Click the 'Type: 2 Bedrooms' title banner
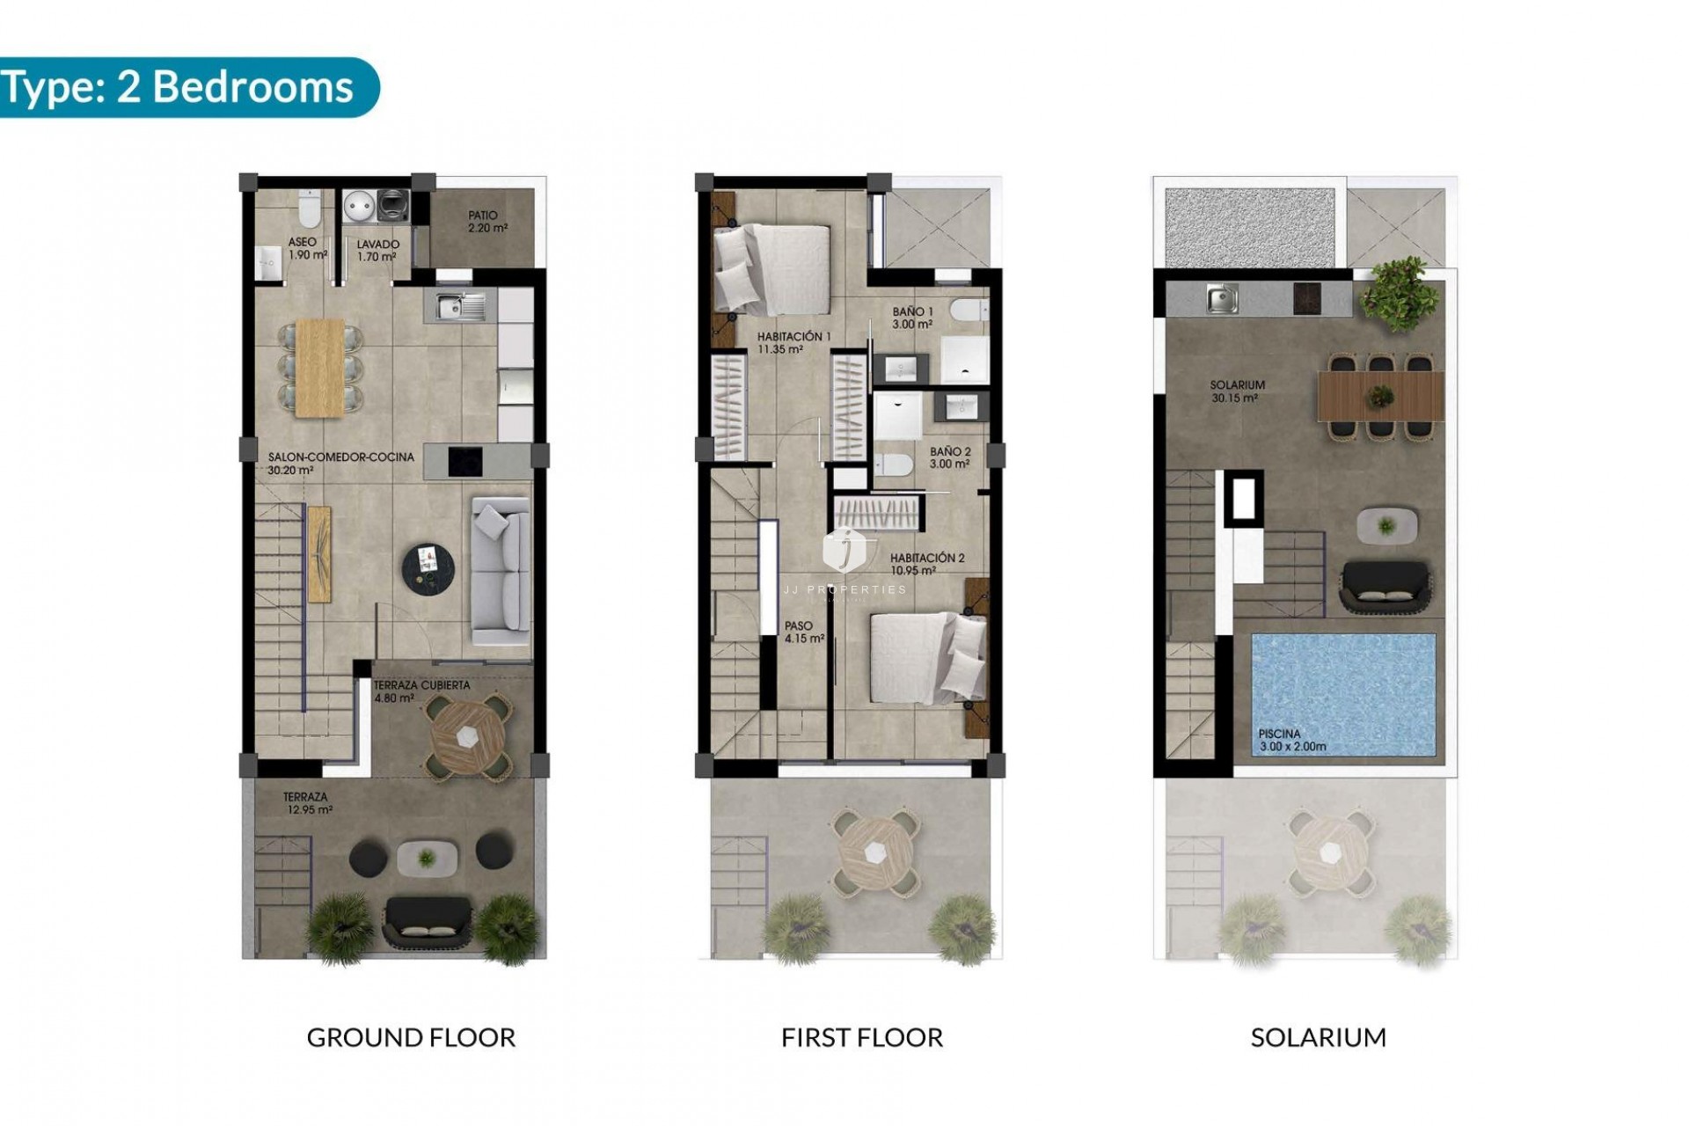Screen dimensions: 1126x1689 tap(180, 87)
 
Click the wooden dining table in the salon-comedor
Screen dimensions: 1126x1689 tap(320, 367)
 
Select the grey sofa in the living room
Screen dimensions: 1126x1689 tap(501, 571)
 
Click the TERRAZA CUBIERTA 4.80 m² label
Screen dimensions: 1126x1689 tap(421, 691)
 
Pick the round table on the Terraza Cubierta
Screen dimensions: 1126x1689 tap(466, 737)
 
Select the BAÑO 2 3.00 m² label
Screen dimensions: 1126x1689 tap(950, 457)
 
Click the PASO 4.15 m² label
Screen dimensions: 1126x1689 tap(803, 632)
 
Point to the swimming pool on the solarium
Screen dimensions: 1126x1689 tap(1342, 695)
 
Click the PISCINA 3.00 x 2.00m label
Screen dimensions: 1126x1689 tap(1291, 740)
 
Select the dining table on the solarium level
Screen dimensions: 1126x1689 tap(1379, 397)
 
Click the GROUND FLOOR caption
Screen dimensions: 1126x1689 tap(411, 1038)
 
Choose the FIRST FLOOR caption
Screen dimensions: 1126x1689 tap(861, 1038)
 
